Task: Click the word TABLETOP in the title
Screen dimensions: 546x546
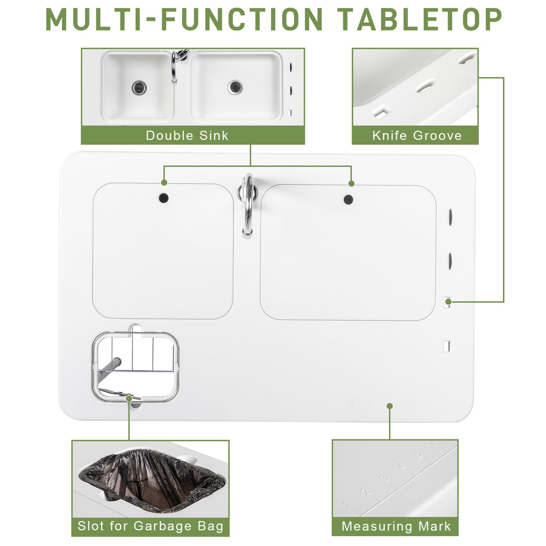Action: [x=419, y=19]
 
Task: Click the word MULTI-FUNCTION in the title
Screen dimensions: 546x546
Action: [x=184, y=19]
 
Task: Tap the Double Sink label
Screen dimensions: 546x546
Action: [x=187, y=135]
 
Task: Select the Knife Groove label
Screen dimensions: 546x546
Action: [x=417, y=135]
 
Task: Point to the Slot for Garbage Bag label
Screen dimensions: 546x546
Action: [x=150, y=526]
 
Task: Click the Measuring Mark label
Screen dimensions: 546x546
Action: [x=396, y=526]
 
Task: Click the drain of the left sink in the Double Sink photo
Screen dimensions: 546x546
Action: [x=139, y=88]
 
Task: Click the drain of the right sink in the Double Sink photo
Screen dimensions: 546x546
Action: [x=235, y=87]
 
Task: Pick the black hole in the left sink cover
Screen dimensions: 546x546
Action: [x=164, y=197]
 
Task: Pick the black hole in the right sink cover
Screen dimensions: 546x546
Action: [x=348, y=200]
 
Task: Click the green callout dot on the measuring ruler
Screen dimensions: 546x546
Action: [x=390, y=406]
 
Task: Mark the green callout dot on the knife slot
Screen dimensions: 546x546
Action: [x=448, y=302]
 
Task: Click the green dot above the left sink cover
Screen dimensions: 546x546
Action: [x=164, y=183]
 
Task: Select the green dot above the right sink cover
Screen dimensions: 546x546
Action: [x=351, y=184]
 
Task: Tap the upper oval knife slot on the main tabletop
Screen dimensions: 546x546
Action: [x=450, y=217]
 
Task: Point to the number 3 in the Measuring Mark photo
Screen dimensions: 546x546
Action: [x=384, y=478]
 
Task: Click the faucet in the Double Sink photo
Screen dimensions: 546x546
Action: [x=175, y=66]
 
